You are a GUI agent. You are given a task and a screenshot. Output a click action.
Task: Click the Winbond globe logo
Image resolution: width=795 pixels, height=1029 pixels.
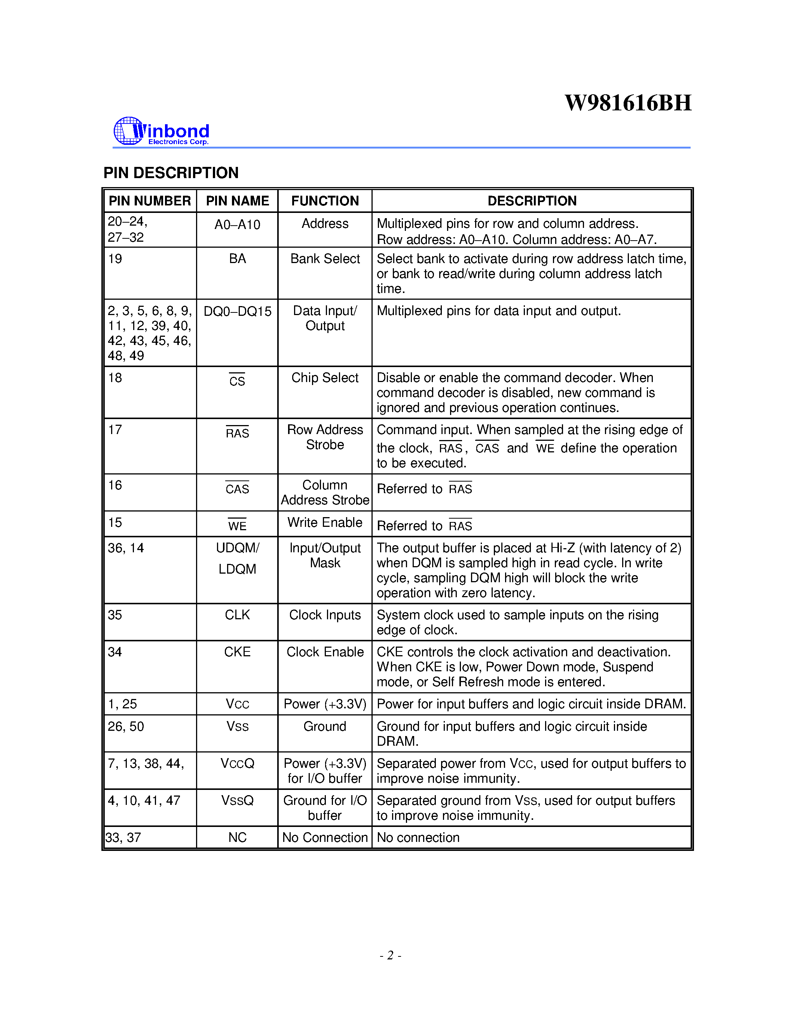point(128,131)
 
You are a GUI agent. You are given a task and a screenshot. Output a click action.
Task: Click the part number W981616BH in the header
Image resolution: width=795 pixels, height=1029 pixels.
point(628,103)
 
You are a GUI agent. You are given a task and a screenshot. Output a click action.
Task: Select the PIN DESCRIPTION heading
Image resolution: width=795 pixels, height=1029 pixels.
point(171,173)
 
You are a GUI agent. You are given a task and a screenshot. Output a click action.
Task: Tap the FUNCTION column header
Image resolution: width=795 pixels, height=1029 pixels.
point(325,201)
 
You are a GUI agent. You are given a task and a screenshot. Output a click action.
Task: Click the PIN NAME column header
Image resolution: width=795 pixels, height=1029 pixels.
point(237,201)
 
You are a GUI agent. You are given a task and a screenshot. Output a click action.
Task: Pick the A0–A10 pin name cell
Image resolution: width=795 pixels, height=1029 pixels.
point(237,225)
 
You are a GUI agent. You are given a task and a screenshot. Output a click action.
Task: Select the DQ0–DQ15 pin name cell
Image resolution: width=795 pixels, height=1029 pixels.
point(237,311)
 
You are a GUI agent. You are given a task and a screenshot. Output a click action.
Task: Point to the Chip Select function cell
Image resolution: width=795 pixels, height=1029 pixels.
point(325,378)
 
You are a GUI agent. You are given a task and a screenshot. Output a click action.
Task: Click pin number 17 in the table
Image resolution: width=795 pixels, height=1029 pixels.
point(115,430)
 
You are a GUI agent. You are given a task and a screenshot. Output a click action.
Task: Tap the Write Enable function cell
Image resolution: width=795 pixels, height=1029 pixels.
point(325,522)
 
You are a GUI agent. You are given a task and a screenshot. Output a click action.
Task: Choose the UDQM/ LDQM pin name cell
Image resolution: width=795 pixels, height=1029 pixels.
point(237,558)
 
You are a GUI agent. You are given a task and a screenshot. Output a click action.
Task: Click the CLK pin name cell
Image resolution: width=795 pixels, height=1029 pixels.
point(237,615)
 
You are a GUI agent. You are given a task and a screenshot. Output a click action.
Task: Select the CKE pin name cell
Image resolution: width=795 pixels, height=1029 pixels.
point(237,652)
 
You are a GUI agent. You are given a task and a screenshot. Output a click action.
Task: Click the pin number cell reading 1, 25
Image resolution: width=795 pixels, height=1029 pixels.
point(122,704)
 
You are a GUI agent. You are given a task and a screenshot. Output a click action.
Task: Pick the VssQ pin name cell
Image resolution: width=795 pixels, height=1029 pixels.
point(237,800)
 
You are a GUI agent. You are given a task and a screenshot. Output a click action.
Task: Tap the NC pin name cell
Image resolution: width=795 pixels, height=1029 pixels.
point(237,837)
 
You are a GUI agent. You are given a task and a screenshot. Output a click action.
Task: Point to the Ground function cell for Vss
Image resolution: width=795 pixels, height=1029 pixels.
point(325,727)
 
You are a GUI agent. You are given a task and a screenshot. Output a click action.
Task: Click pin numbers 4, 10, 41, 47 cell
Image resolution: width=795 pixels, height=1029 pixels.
point(144,800)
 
